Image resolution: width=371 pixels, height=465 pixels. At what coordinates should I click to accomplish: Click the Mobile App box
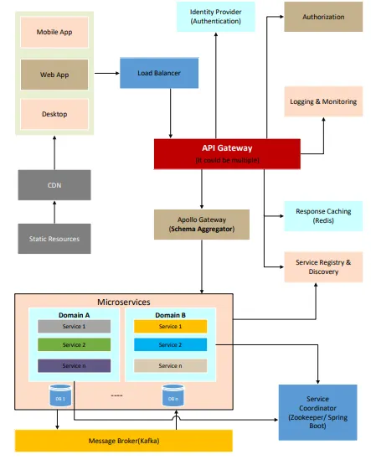click(54, 33)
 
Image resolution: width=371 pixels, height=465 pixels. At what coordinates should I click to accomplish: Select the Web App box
click(54, 74)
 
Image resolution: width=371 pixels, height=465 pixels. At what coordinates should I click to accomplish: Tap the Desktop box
click(54, 114)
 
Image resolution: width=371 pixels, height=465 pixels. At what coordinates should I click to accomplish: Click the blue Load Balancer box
click(159, 73)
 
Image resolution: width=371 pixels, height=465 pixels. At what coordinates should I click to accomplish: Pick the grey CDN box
click(54, 185)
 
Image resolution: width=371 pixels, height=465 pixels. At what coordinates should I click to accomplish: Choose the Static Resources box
click(54, 239)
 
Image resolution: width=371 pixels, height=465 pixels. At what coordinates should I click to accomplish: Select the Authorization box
click(323, 16)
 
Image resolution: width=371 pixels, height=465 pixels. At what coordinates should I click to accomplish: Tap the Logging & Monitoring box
click(323, 101)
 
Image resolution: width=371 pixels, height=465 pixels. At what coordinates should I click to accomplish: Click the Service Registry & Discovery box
click(323, 266)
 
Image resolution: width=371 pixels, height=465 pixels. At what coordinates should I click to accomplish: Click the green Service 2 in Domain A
click(74, 344)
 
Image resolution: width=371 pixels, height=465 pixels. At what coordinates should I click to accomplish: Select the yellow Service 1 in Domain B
click(169, 326)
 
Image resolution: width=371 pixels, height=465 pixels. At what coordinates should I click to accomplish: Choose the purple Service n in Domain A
click(74, 365)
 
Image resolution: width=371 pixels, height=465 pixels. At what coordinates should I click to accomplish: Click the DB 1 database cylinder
click(59, 396)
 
